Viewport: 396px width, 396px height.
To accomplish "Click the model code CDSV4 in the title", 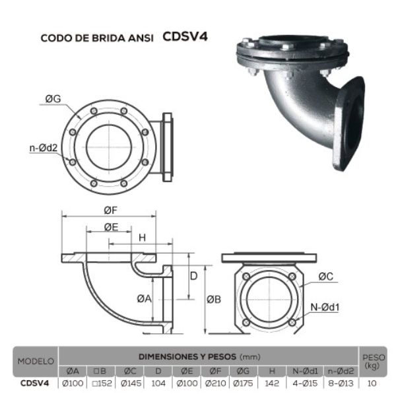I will [185, 36].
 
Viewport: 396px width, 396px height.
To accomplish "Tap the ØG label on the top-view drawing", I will [53, 99].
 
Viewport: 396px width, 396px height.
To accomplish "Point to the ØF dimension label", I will [110, 211].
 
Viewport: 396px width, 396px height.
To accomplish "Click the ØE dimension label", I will [111, 226].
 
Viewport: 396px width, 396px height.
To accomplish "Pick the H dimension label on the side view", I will [141, 237].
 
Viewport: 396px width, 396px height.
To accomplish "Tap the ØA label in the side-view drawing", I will [144, 298].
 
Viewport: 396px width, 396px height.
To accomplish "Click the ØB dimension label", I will [213, 299].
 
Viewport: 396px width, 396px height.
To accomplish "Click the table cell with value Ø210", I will [215, 382].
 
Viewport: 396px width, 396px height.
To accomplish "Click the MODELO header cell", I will [36, 362].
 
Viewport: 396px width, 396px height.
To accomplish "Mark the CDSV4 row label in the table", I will [36, 382].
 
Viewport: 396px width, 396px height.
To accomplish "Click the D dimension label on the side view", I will [194, 275].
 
